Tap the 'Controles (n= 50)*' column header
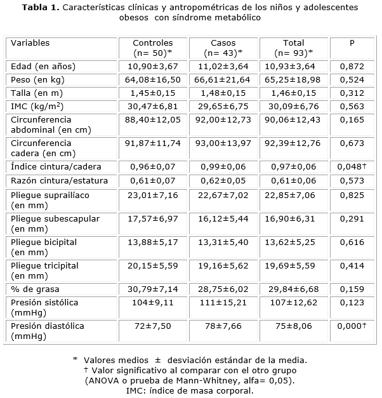(x=153, y=48)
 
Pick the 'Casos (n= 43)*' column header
(x=223, y=48)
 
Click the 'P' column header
(x=352, y=43)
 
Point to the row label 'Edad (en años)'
(x=43, y=66)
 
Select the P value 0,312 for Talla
(x=352, y=93)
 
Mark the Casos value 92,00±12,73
(x=223, y=119)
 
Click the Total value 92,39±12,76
(x=294, y=143)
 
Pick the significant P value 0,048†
(x=353, y=168)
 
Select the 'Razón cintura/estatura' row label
(x=60, y=181)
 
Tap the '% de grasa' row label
(x=33, y=289)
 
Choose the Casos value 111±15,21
(x=223, y=303)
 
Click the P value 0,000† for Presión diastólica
(x=353, y=326)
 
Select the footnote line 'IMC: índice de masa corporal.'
(x=190, y=390)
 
